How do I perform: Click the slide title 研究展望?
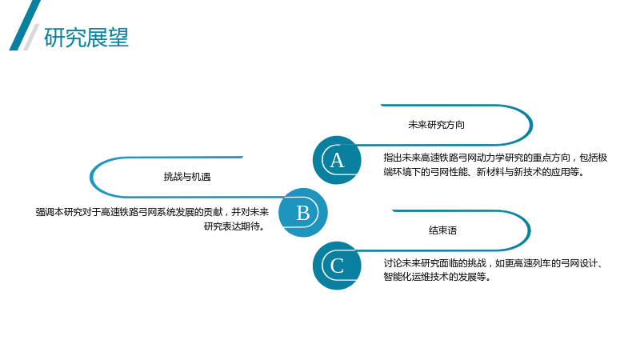pos(86,38)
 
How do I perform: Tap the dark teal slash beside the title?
pos(25,26)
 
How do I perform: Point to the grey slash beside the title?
pos(31,37)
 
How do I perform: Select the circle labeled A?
pos(337,160)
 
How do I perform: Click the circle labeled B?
pos(303,212)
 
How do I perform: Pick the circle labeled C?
pos(337,266)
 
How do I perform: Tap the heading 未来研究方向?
pos(436,125)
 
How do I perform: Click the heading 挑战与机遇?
pos(187,177)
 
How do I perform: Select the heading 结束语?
pos(442,230)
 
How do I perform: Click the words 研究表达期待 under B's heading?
pos(232,226)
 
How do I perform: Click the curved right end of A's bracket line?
pos(531,125)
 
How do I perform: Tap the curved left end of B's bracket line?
pos(91,177)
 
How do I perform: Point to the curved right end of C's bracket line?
pos(529,230)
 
